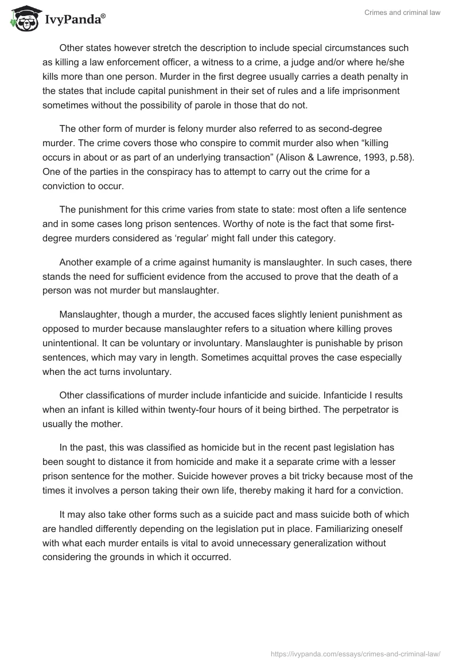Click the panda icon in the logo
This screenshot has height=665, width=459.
(x=21, y=17)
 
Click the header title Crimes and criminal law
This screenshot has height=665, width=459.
(x=402, y=13)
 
